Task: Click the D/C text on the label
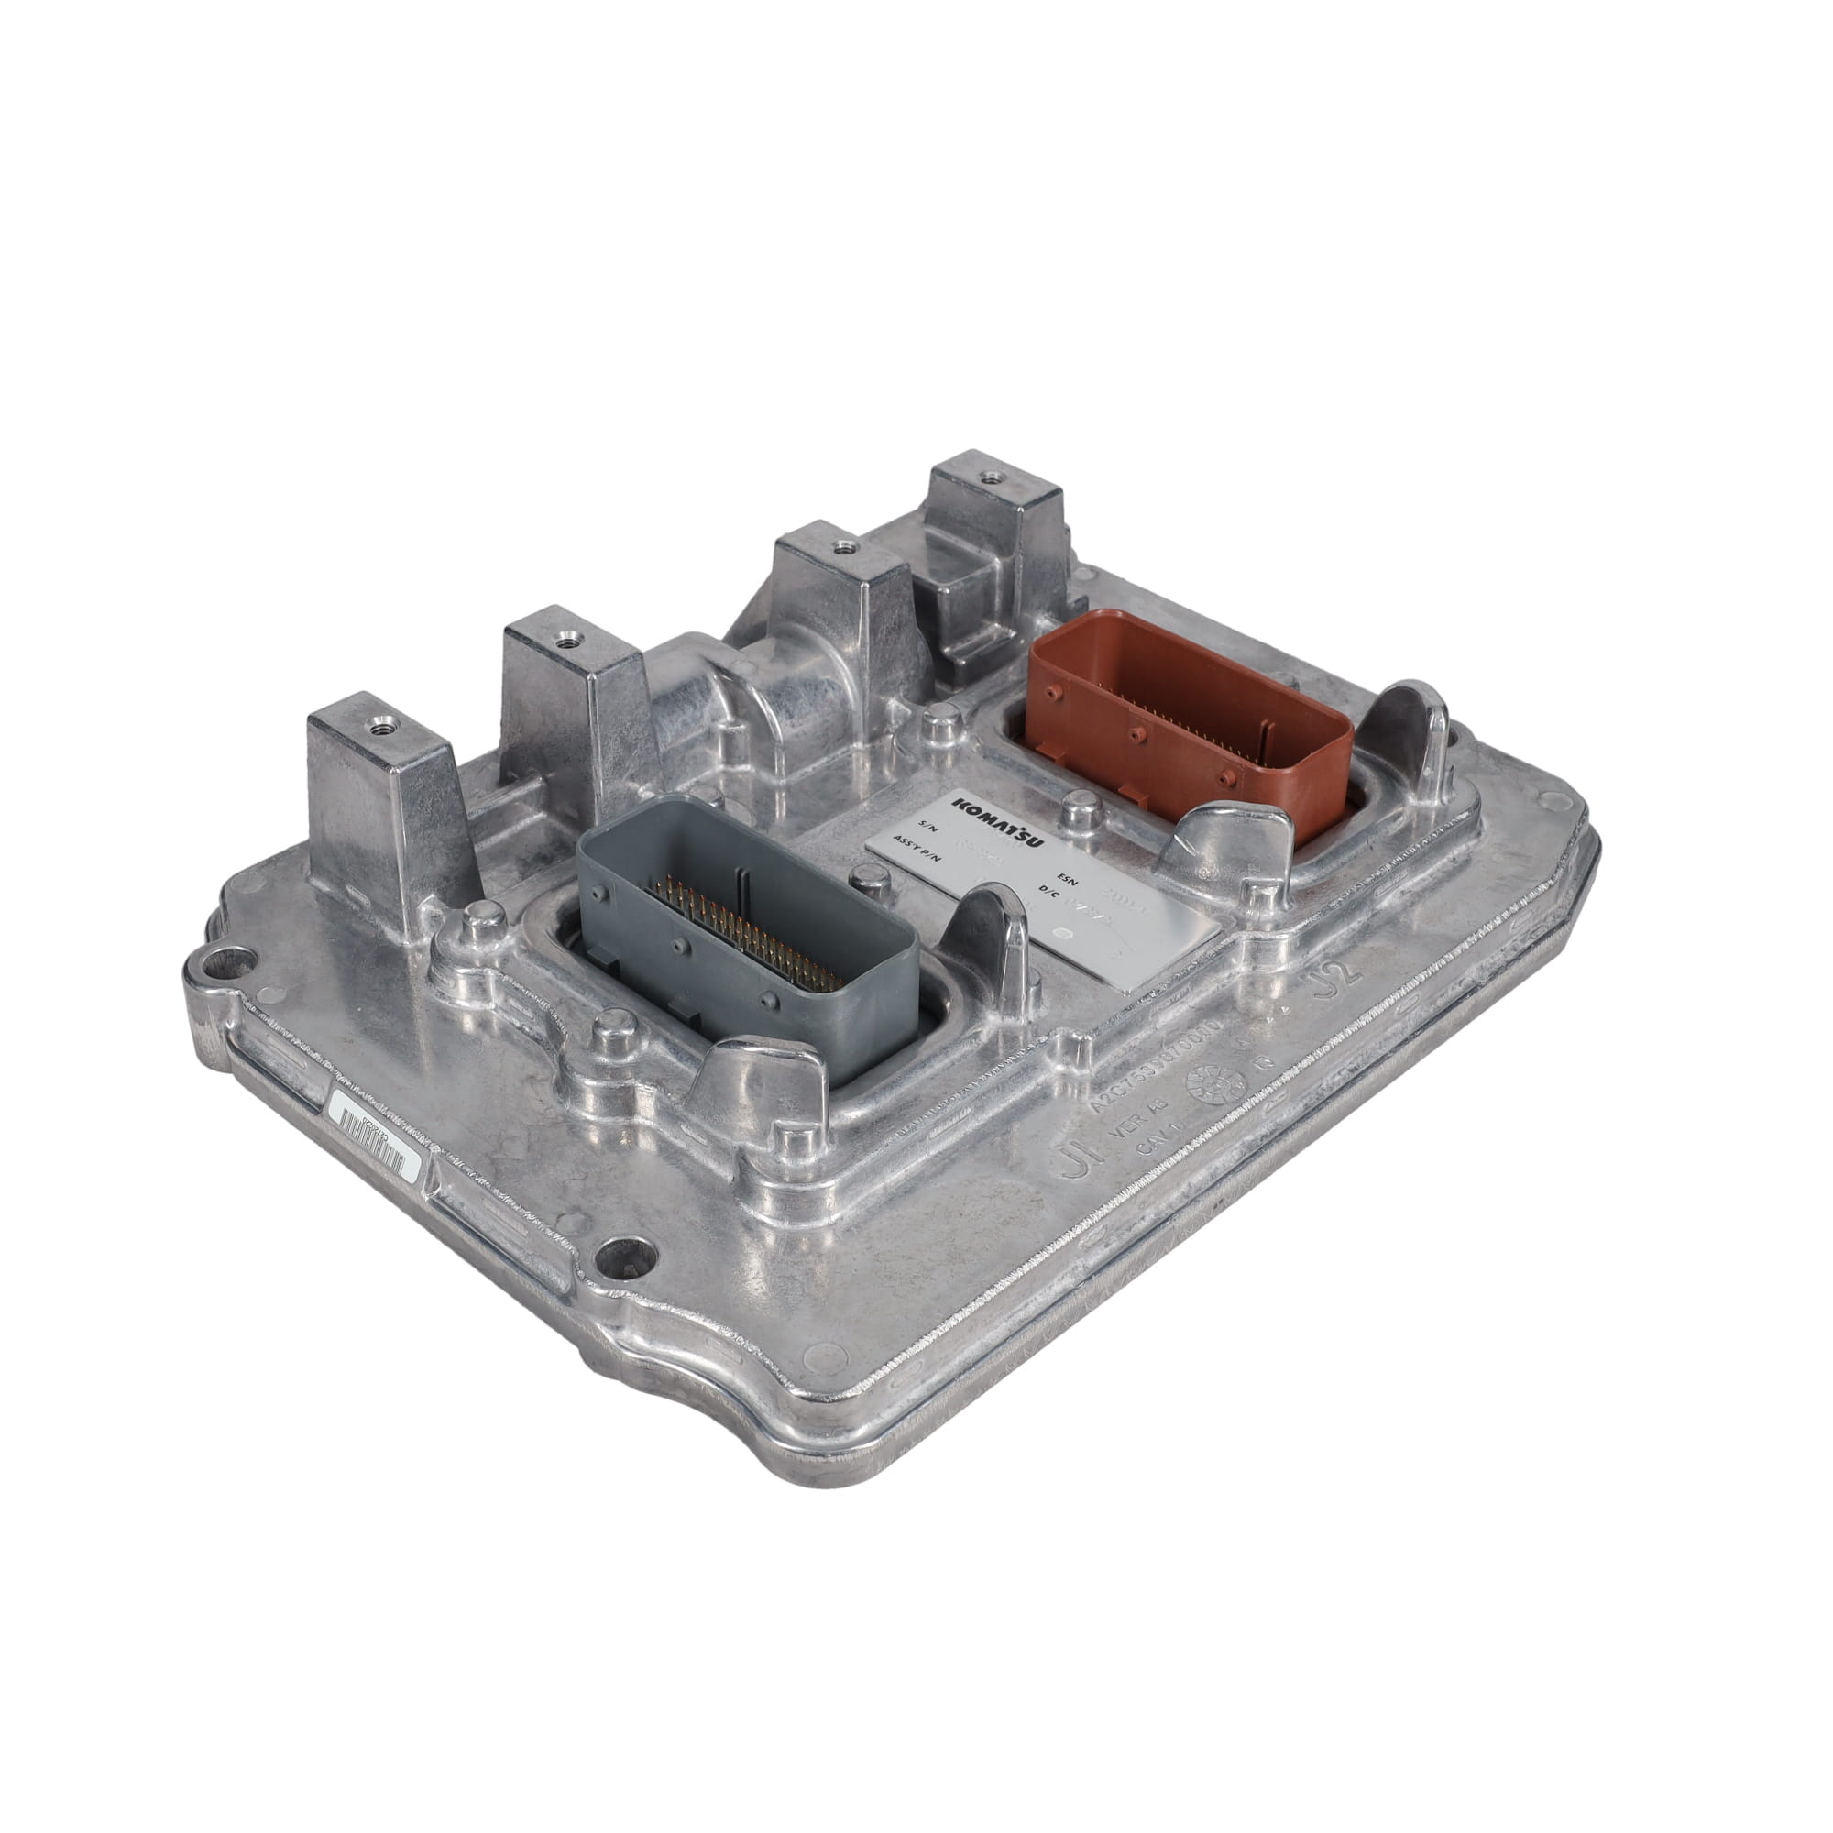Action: click(1048, 889)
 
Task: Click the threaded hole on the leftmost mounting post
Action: click(382, 728)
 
